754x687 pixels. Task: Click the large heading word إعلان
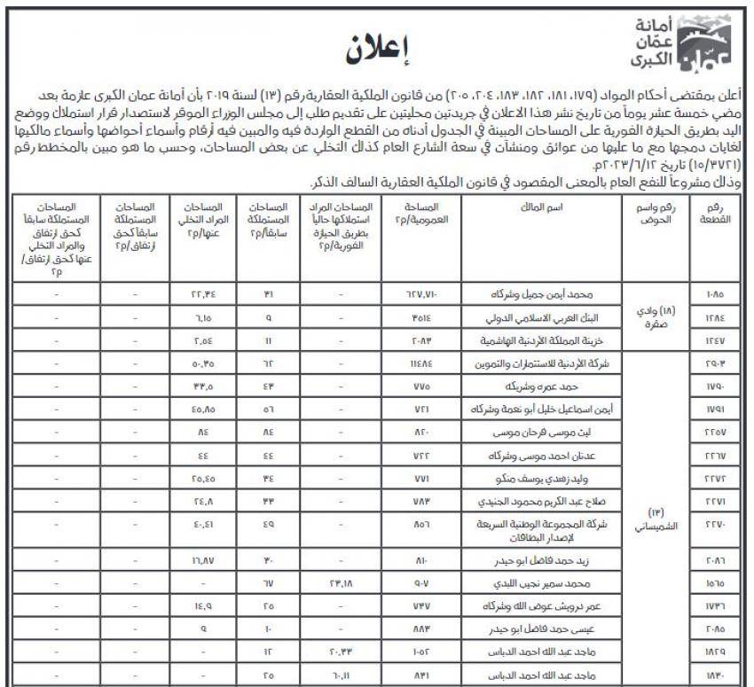pyautogui.click(x=377, y=51)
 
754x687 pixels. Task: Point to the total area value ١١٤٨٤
pyautogui.click(x=421, y=363)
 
